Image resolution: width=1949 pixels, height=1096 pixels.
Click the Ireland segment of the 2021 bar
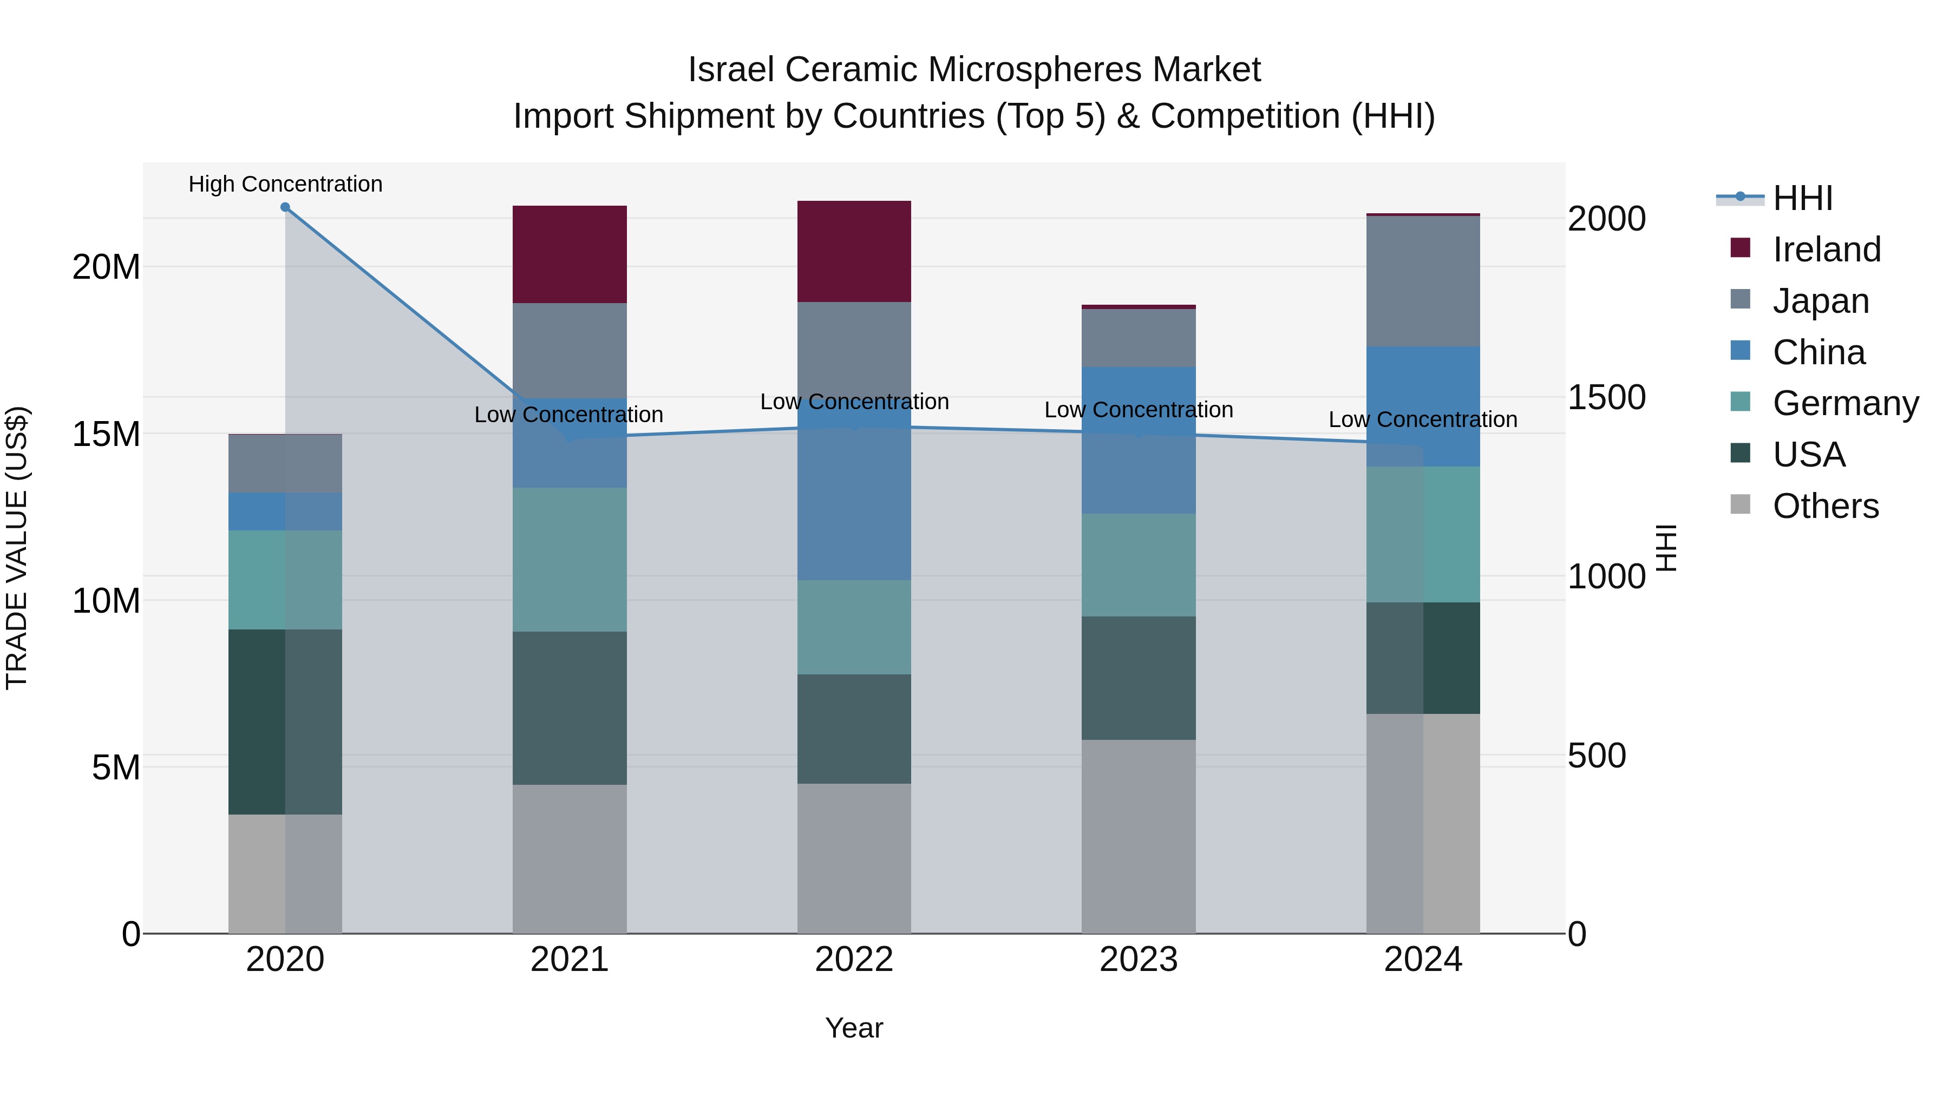(569, 254)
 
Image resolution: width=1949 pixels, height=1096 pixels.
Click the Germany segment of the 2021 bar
(569, 559)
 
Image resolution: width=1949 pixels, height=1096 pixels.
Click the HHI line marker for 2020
(285, 207)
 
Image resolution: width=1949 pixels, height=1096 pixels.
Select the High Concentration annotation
(285, 184)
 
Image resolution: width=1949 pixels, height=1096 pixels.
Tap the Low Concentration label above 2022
(854, 402)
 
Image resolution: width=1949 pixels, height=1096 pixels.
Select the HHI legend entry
(1802, 198)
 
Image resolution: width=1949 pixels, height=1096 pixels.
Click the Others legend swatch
(1740, 504)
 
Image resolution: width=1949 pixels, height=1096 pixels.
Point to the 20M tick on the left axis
(106, 267)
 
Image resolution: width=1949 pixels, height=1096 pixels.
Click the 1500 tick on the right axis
(1606, 398)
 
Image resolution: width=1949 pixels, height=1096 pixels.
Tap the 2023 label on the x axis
(1138, 960)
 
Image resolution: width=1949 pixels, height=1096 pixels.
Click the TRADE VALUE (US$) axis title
(17, 548)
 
